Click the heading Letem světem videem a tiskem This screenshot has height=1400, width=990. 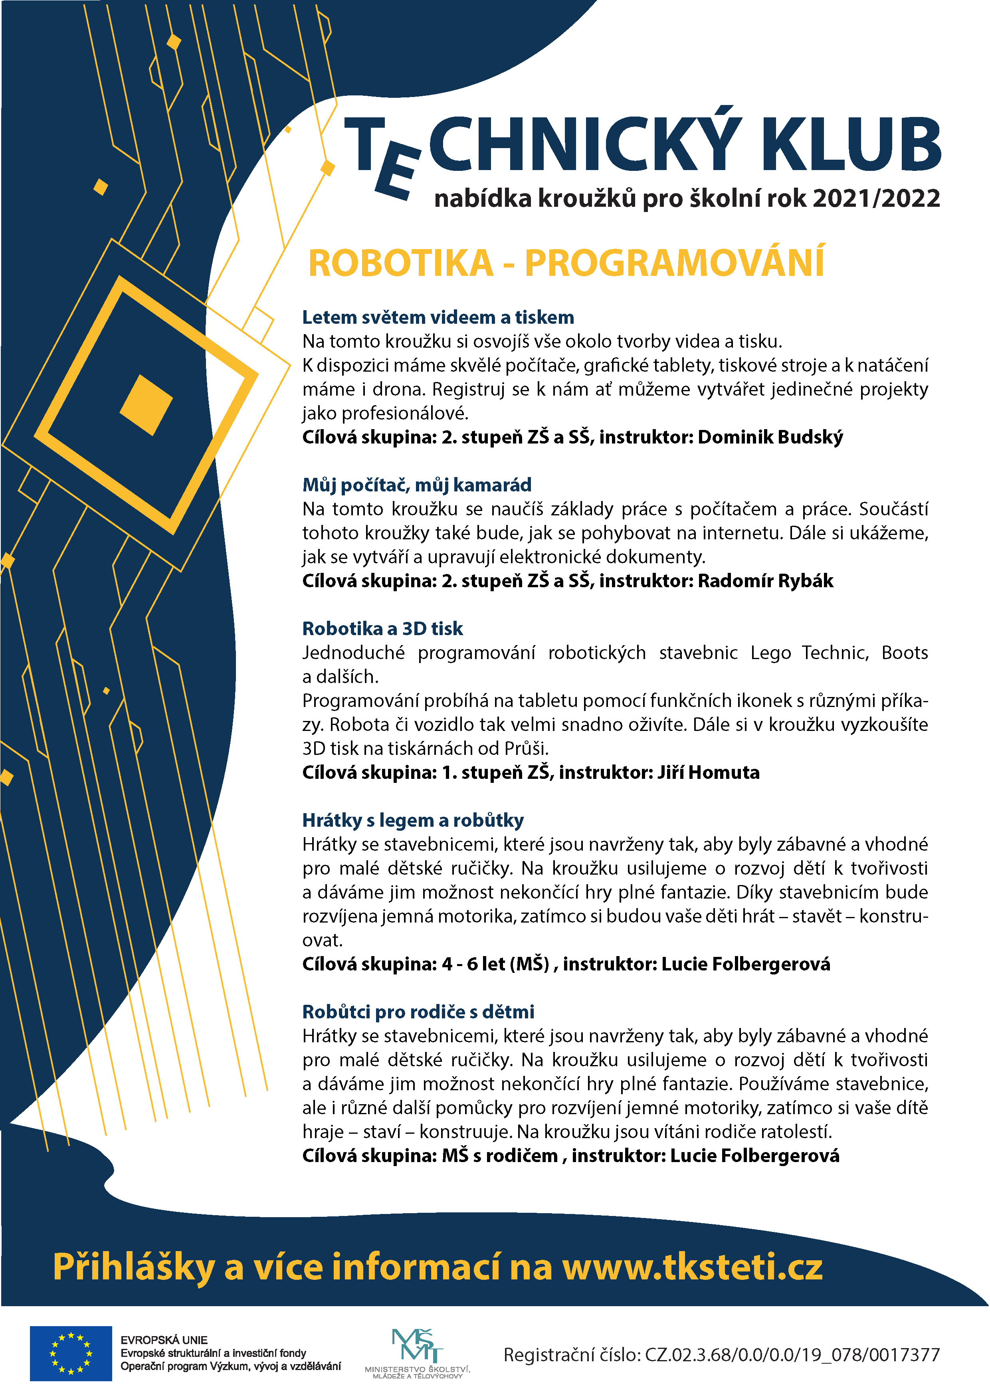(x=438, y=317)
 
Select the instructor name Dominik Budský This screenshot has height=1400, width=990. (x=770, y=437)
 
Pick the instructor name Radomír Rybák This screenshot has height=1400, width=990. (x=765, y=580)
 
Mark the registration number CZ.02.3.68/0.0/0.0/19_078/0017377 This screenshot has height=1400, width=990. (x=792, y=1355)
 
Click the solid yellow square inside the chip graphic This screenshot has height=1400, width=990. (x=147, y=405)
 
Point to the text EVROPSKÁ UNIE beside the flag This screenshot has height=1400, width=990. (x=164, y=1340)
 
